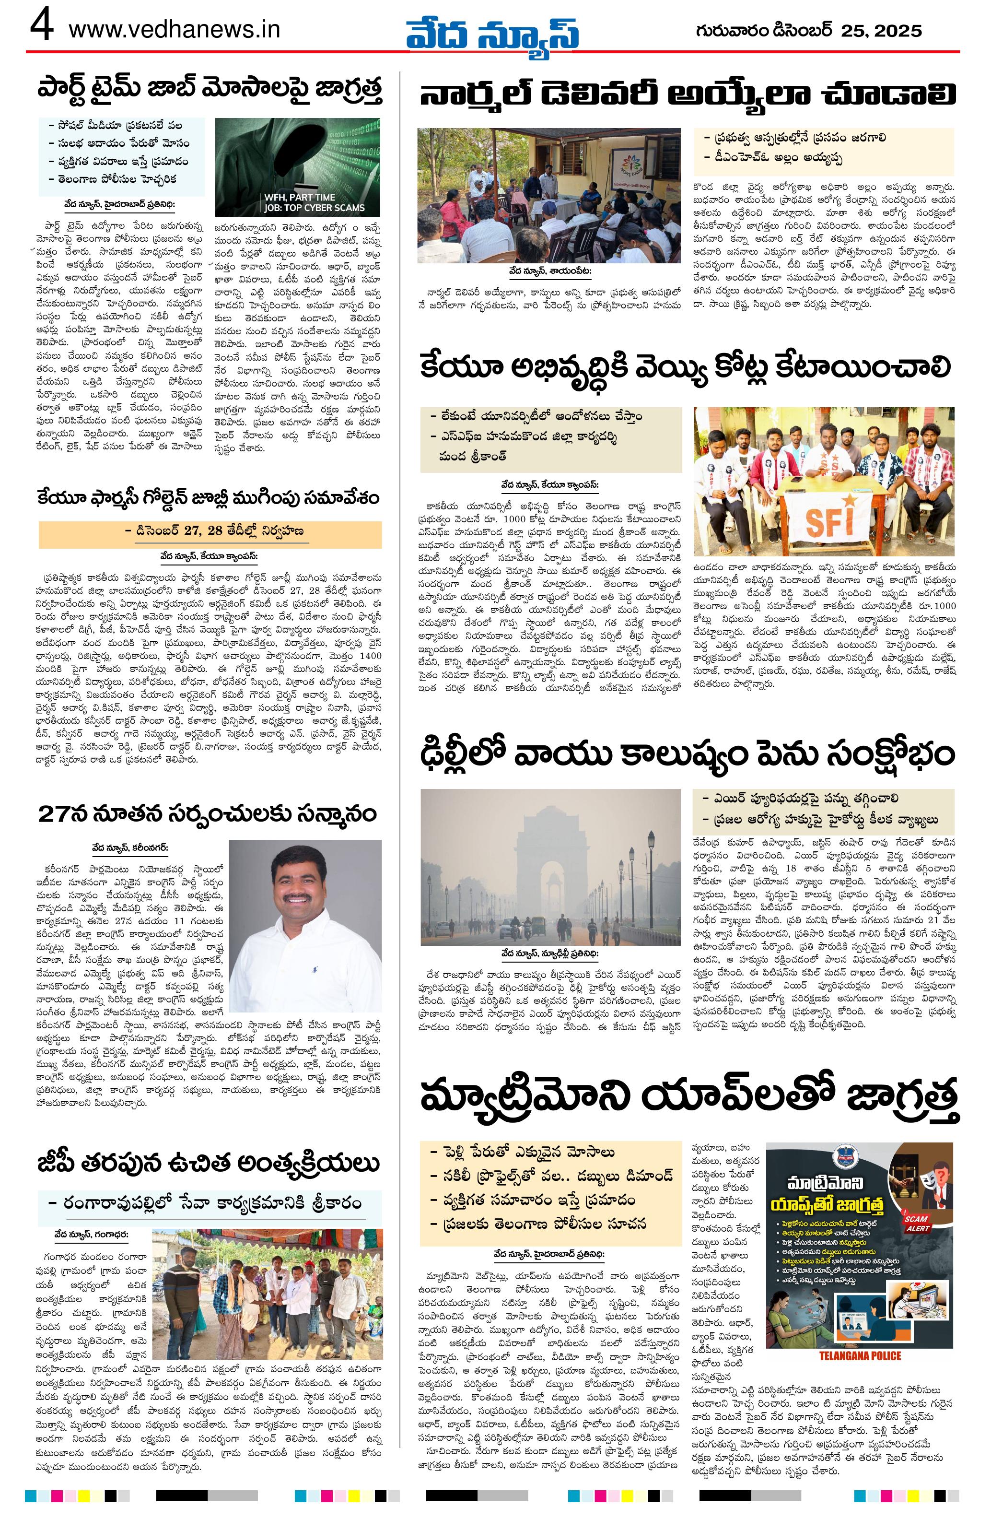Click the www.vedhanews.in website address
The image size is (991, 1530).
pyautogui.click(x=174, y=30)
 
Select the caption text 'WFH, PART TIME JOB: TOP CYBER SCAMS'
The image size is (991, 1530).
pyautogui.click(x=313, y=202)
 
